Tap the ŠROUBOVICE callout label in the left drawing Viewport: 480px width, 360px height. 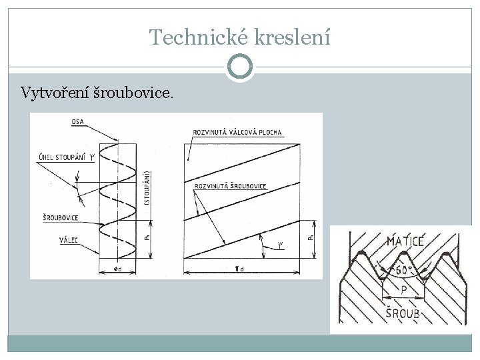(x=57, y=217)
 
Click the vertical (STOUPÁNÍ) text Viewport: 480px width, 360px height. (x=146, y=188)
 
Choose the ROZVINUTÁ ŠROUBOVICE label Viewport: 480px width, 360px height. (x=229, y=185)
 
